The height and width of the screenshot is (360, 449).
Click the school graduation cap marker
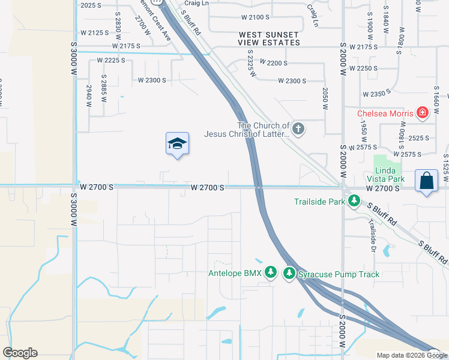(177, 144)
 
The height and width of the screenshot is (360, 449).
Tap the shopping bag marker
(426, 181)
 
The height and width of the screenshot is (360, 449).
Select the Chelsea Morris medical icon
(423, 113)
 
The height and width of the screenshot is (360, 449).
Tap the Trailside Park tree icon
(354, 202)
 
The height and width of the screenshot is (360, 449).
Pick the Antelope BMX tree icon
(271, 274)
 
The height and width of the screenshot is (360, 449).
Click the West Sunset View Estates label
(269, 39)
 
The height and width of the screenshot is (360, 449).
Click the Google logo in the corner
(20, 353)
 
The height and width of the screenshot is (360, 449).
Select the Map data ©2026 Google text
(412, 355)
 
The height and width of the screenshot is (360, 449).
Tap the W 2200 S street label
(273, 63)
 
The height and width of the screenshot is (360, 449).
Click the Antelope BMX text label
(235, 274)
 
